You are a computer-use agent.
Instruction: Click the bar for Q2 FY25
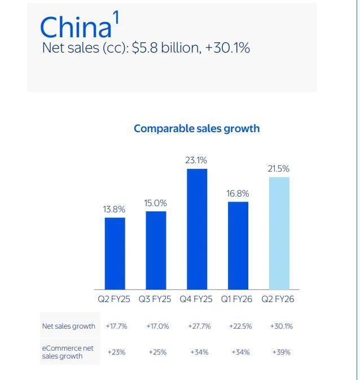click(115, 253)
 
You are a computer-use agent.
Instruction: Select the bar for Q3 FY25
click(156, 250)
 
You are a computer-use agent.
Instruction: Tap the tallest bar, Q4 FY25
click(196, 229)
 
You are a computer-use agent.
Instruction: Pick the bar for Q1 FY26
click(238, 245)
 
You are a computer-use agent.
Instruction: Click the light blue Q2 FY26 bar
click(279, 233)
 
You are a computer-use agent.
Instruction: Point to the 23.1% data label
click(196, 160)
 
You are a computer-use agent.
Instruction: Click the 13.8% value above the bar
click(114, 209)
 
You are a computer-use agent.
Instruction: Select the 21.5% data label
click(278, 169)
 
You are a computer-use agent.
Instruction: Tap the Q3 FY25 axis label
click(155, 299)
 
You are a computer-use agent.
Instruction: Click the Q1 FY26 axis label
click(237, 299)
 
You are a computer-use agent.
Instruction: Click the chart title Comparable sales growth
click(196, 129)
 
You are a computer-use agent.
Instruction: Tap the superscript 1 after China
click(116, 18)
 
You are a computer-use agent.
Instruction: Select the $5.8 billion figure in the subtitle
click(166, 48)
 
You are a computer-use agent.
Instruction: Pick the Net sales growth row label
click(68, 326)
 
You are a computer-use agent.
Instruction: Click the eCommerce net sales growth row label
click(68, 352)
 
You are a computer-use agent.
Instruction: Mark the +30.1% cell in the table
click(281, 326)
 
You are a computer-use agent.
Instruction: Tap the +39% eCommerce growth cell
click(281, 352)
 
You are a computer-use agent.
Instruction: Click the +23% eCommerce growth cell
click(116, 352)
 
